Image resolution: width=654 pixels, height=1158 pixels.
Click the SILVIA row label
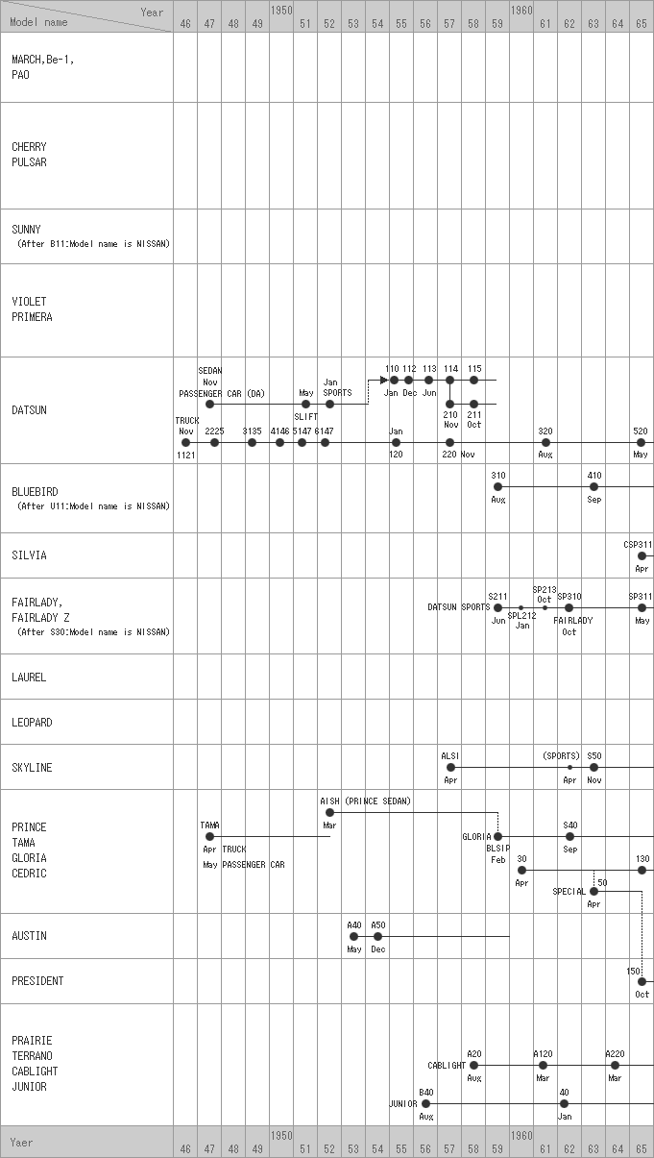(29, 555)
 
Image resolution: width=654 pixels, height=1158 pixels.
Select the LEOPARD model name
(32, 723)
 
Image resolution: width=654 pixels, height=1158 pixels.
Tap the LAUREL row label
(29, 678)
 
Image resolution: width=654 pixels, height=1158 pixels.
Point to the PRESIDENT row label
(37, 981)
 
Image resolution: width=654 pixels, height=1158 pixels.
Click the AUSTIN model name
(29, 936)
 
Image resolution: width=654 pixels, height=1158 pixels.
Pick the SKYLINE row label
(32, 768)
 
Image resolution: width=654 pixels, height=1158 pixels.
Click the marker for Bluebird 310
(497, 487)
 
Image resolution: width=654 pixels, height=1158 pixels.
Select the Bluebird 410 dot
(594, 487)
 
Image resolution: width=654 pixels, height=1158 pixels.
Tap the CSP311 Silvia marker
(642, 555)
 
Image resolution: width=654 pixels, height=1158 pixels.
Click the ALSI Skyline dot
(450, 768)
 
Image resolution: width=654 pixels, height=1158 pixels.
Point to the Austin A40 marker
(354, 936)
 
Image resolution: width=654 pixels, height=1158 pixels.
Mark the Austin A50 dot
(378, 936)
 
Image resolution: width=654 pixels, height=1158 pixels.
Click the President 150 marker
(642, 981)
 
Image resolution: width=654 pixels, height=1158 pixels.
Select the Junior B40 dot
(426, 1104)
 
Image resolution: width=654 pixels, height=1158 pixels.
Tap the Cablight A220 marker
(616, 1065)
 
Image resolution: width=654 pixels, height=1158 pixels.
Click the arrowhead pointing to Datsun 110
(383, 381)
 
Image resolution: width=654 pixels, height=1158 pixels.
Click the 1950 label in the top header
(281, 9)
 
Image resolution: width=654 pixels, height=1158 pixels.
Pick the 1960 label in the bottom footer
(521, 1135)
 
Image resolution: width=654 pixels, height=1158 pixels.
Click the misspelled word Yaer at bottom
(21, 1143)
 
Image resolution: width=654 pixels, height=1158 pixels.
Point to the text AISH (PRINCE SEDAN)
(365, 801)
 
